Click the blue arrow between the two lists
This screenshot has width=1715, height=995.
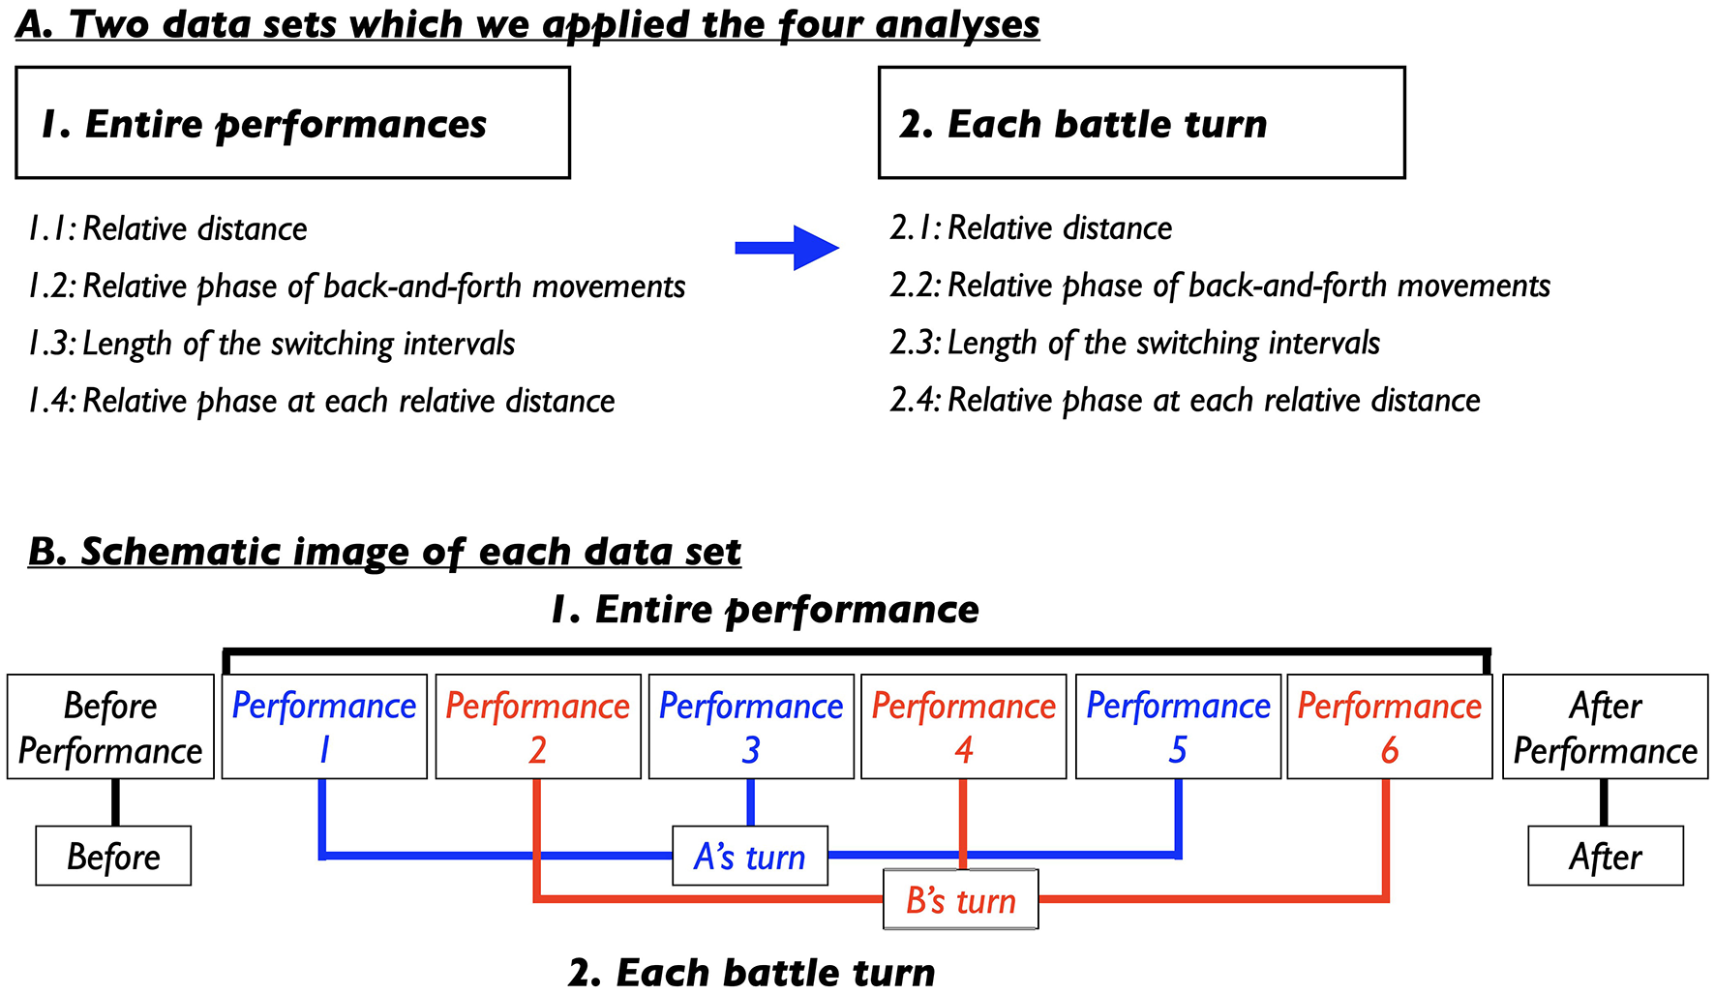pos(786,248)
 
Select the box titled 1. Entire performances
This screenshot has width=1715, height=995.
pos(292,123)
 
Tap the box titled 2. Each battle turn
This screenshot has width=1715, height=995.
pos(1141,123)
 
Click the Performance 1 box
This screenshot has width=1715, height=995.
pos(324,727)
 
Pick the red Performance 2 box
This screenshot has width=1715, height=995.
pos(538,727)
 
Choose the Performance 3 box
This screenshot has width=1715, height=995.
pos(751,727)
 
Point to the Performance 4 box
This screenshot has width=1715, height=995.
pos(964,727)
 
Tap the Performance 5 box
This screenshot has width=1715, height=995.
pos(1178,727)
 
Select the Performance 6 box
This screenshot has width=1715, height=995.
pos(1390,727)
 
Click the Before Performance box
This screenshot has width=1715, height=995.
pos(110,727)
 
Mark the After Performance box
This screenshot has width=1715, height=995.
pos(1605,727)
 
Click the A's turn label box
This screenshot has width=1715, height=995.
pos(750,856)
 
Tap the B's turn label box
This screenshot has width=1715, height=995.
pos(961,899)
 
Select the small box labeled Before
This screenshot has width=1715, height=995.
pos(113,856)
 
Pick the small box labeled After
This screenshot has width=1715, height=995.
pos(1606,856)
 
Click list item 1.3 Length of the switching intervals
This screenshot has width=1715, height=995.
pos(272,344)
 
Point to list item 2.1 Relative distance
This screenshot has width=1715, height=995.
pos(1032,228)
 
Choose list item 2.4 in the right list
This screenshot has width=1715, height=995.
pos(1186,401)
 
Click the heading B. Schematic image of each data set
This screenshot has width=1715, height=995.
pos(384,552)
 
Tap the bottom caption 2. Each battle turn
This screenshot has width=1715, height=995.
pos(752,972)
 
